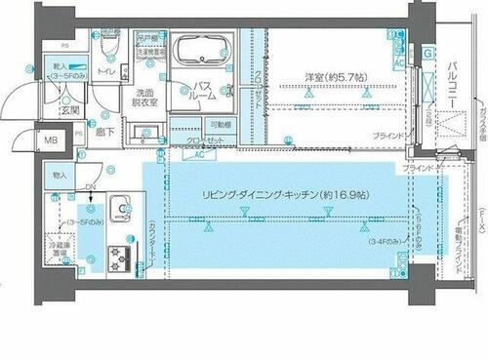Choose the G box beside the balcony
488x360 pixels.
click(429, 52)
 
